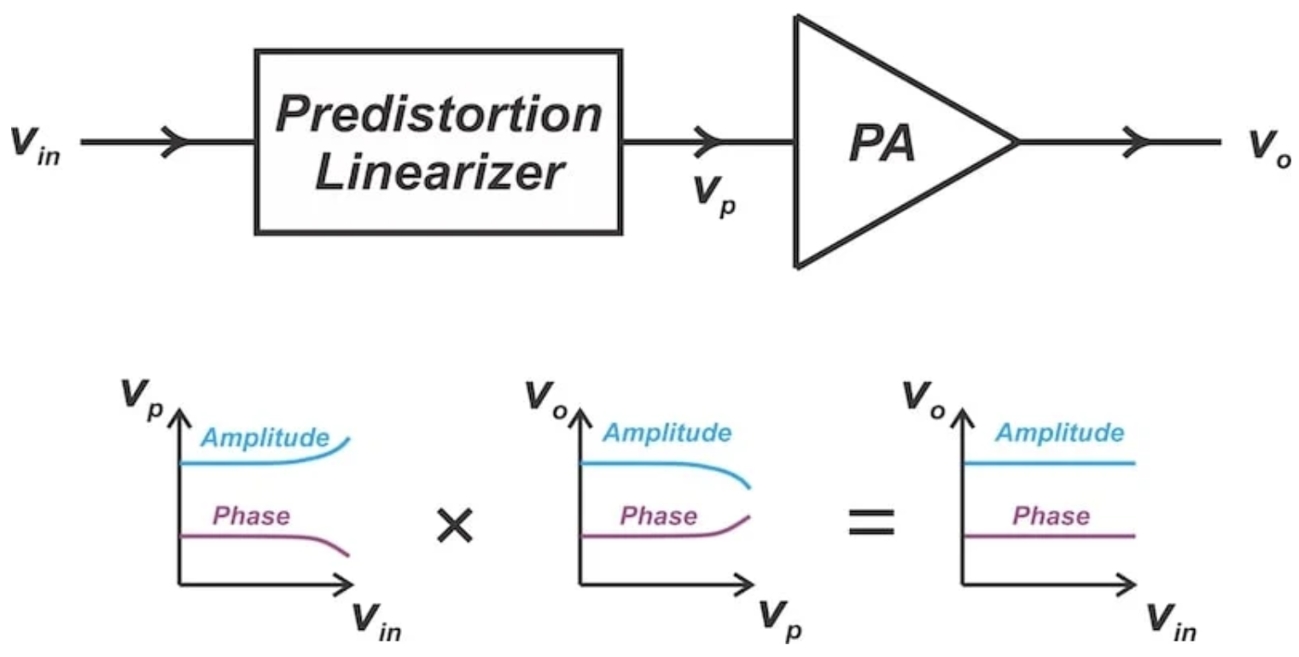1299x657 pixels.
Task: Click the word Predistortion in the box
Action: pos(439,113)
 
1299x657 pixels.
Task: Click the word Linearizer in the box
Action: pos(439,172)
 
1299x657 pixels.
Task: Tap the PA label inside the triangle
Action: pos(882,143)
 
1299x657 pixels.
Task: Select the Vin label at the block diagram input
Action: pos(35,146)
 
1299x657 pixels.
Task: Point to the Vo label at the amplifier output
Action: pos(1270,148)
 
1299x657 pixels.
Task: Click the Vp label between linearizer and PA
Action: pos(715,196)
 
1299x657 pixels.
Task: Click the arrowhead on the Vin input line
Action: pos(175,142)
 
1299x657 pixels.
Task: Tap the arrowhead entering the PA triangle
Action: pos(708,142)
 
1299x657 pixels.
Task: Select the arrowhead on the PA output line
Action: pos(1136,142)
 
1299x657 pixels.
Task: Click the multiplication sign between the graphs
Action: pos(455,526)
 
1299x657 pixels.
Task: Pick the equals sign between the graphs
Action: pos(871,521)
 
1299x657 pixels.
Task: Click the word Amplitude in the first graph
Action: pos(265,438)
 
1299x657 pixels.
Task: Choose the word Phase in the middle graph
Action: pos(659,516)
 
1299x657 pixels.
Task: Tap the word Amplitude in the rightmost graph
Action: pos(1060,433)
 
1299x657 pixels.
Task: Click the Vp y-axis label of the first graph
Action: pos(143,400)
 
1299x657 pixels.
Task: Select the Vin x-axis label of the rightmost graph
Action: pos(1172,623)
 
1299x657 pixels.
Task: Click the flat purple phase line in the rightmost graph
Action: pos(1048,537)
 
